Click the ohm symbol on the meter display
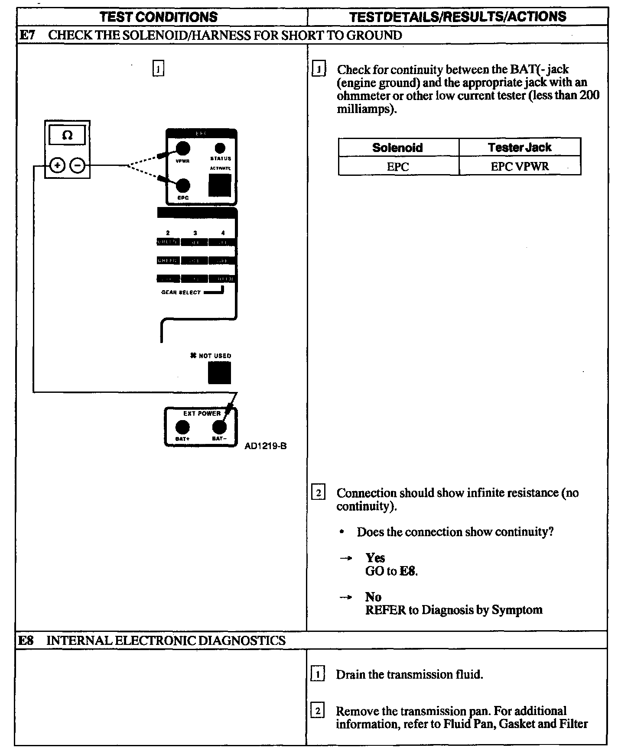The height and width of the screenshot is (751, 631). point(67,136)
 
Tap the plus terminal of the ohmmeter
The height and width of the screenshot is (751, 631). point(57,165)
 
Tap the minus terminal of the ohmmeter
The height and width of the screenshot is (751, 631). point(78,165)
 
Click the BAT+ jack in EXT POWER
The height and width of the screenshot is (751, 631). point(182,427)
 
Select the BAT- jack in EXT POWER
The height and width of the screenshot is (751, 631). point(219,427)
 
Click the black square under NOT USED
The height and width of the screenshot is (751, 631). point(219,373)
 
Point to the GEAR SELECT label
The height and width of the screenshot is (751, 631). point(181,292)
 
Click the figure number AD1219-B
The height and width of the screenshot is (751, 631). point(265,446)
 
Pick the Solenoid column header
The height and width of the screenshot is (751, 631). point(397,148)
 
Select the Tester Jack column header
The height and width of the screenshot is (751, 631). point(519,148)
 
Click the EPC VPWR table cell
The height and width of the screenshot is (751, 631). point(519,167)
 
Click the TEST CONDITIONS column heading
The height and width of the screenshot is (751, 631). point(159,17)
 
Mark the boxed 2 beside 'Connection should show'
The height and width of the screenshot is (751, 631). point(318,493)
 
